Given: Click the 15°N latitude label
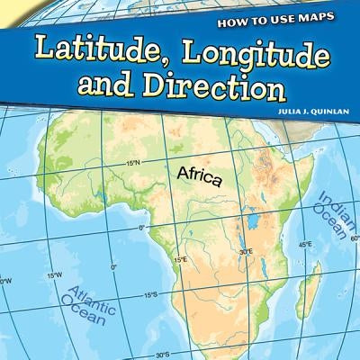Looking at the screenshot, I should (133, 163).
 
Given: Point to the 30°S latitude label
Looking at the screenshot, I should (163, 354).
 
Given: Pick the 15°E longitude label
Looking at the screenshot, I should (180, 260).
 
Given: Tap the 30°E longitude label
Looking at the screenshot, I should (245, 252).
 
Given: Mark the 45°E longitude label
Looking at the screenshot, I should (306, 243).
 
